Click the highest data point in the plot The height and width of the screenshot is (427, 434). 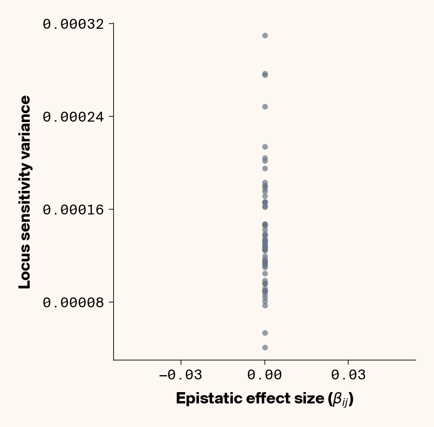pos(265,35)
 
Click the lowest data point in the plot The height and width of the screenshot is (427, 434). pos(265,347)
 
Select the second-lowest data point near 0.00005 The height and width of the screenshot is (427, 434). pos(265,333)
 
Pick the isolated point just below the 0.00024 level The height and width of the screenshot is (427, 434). pos(265,107)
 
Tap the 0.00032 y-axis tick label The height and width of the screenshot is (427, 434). pos(73,24)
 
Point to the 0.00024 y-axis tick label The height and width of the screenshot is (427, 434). pos(73,116)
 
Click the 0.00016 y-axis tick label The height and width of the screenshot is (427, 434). pos(73,209)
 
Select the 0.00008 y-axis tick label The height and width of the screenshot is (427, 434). pos(73,302)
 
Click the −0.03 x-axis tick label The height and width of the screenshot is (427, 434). pos(180,375)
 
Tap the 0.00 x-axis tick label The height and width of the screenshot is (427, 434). pos(265,375)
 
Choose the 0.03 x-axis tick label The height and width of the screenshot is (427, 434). pos(348,375)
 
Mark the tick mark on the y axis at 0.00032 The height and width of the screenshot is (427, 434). pos(111,23)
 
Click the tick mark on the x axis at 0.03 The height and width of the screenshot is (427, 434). pos(348,362)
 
